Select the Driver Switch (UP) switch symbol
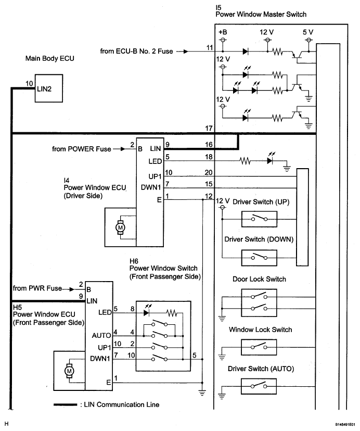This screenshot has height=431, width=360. pyautogui.click(x=258, y=218)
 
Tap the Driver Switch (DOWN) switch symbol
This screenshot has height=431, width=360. pyautogui.click(x=258, y=257)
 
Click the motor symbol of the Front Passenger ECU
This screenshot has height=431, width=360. pyautogui.click(x=70, y=371)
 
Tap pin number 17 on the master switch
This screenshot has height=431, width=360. pyautogui.click(x=209, y=128)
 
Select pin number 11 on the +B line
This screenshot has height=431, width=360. pyautogui.click(x=209, y=47)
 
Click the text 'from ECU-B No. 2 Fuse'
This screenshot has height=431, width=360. pyautogui.click(x=138, y=52)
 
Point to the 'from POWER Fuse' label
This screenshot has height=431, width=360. pyautogui.click(x=82, y=149)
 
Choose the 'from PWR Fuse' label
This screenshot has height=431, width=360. pyautogui.click(x=37, y=288)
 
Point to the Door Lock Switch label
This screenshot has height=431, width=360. pyautogui.click(x=259, y=279)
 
